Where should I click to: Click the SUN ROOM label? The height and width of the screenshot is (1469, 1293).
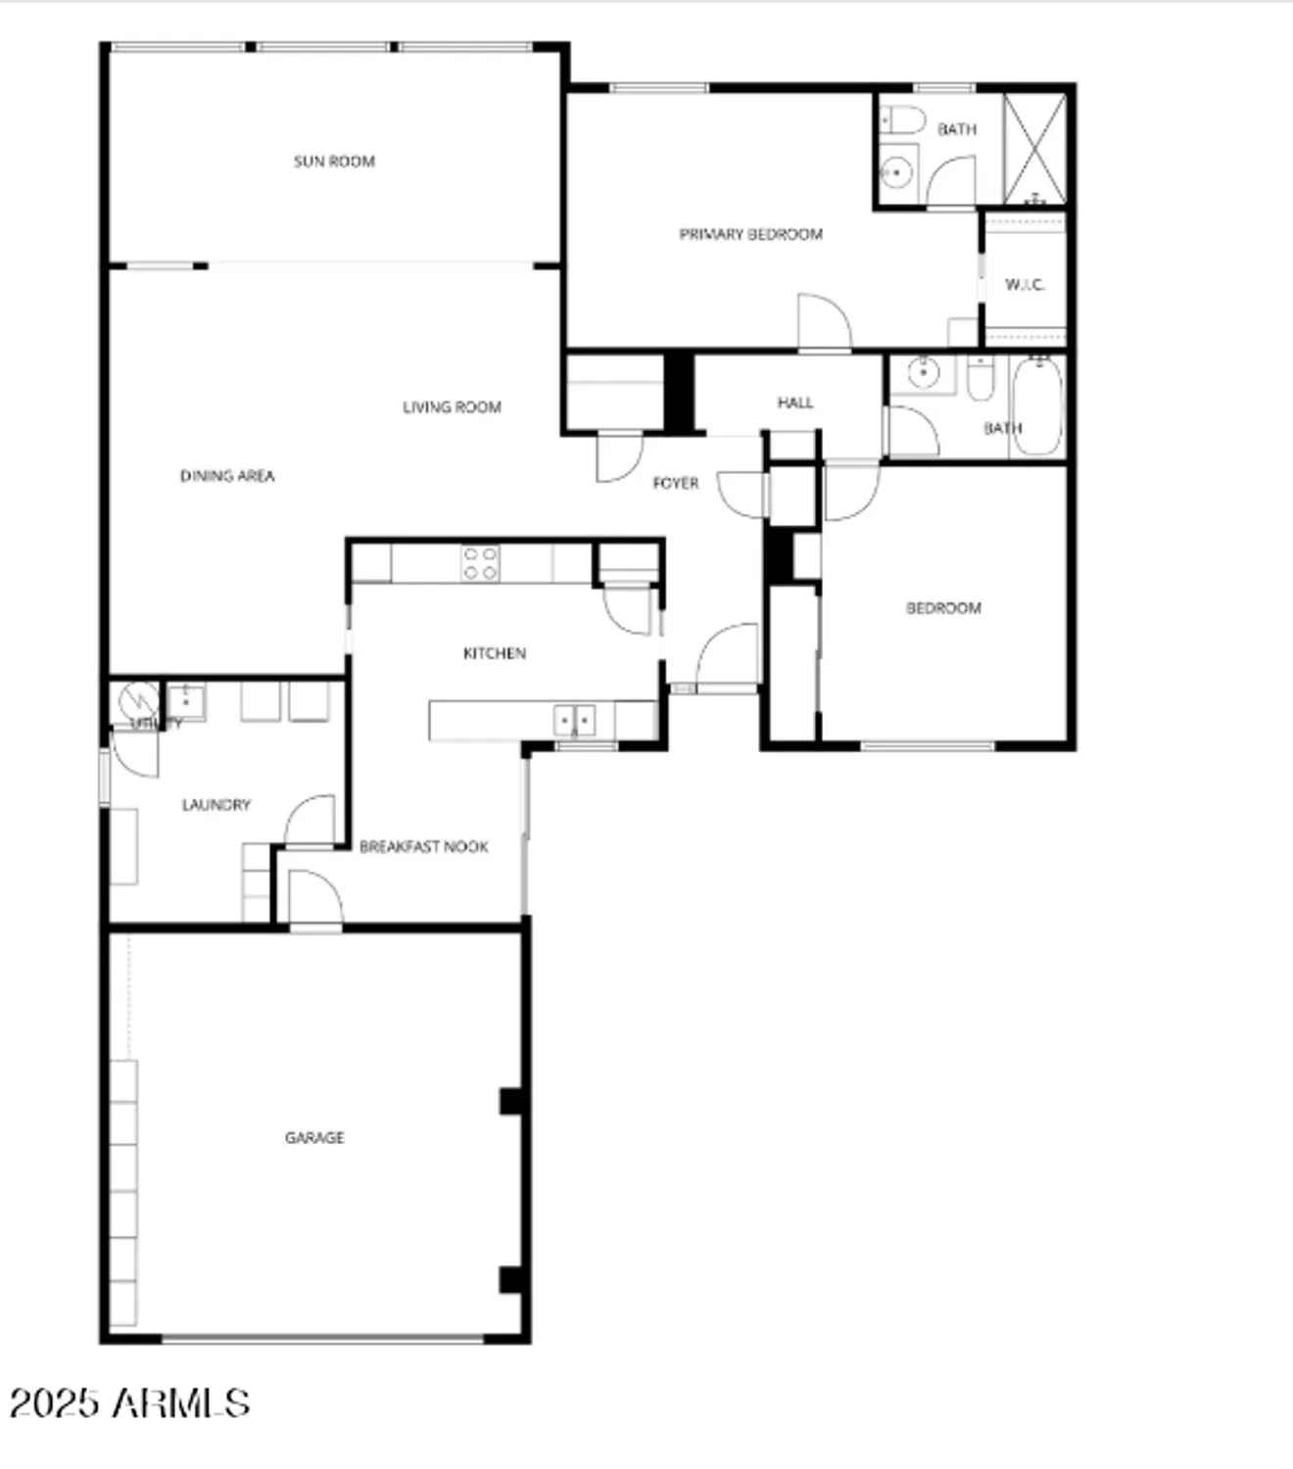coord(334,162)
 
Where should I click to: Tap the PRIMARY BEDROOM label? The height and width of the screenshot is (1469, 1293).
coord(750,234)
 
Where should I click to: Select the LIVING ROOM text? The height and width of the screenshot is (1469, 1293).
coord(452,406)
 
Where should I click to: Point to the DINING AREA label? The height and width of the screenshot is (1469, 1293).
coord(227,476)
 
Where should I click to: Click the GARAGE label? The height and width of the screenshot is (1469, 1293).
coord(314,1137)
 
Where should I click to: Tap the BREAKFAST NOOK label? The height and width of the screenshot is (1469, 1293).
coord(423,846)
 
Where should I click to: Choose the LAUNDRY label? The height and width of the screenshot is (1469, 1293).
coord(216,805)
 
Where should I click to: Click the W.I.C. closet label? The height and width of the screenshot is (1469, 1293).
coord(1025,285)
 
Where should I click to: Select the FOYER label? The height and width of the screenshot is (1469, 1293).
coord(676,483)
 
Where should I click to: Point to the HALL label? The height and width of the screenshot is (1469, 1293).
coord(795,403)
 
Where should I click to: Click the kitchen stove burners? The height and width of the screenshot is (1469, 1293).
coord(480,564)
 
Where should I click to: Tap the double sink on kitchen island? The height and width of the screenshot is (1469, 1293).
coord(575,720)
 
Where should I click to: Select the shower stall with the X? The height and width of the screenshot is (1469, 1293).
coord(1035,149)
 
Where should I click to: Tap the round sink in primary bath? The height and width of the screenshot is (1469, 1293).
coord(896,173)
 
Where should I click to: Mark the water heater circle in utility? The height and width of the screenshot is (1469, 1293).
coord(138,701)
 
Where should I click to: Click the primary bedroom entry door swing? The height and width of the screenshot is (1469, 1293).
coord(823,321)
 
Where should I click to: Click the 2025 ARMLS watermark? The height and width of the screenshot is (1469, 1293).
coord(129,1402)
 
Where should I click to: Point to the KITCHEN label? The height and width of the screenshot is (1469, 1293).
coord(495,653)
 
